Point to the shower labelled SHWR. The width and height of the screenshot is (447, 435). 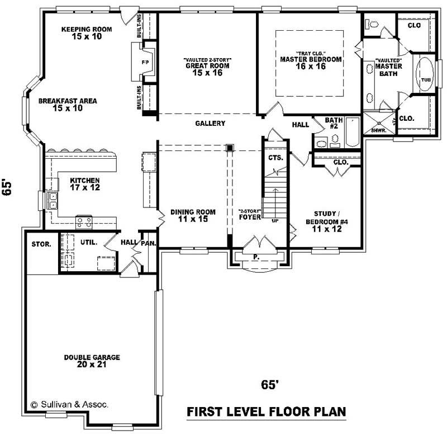(378, 123)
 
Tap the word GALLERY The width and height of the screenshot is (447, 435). (210, 124)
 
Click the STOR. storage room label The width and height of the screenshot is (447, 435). (41, 244)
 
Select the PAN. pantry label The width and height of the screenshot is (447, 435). (149, 243)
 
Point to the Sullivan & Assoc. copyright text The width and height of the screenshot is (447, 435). (70, 404)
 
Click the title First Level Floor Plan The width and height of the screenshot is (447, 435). (265, 412)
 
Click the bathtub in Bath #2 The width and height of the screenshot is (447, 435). (352, 133)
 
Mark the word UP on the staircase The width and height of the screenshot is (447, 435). (274, 221)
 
